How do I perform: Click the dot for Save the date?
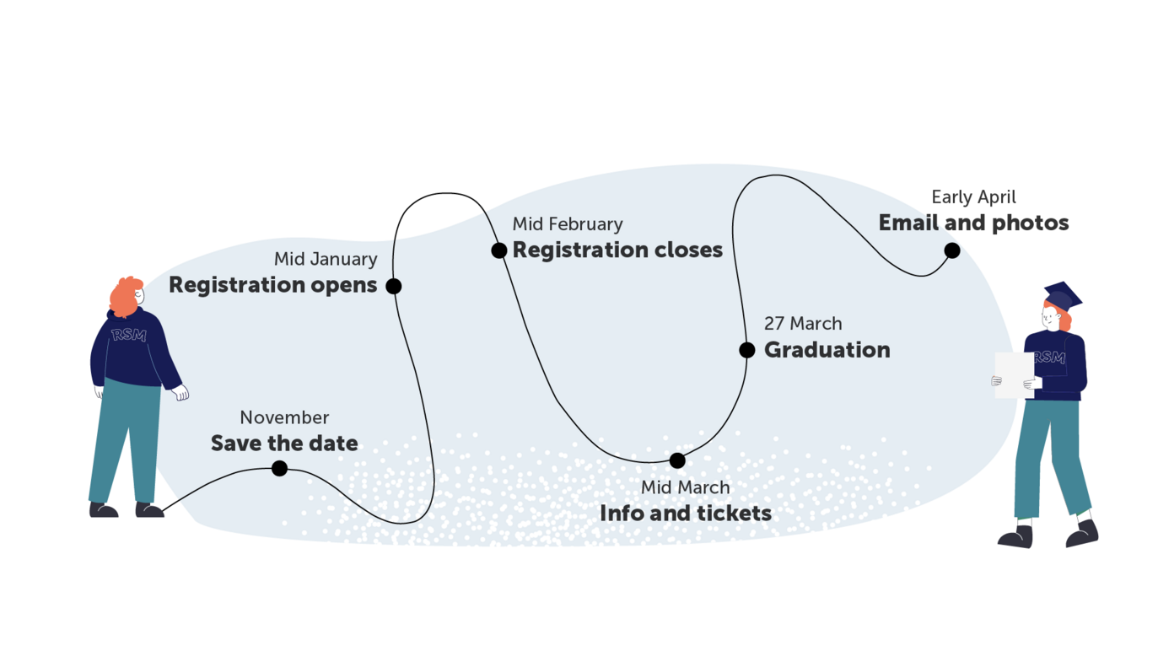pyautogui.click(x=279, y=468)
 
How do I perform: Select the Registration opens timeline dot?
pyautogui.click(x=393, y=286)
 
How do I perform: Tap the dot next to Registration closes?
pyautogui.click(x=499, y=250)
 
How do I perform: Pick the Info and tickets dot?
pyautogui.click(x=677, y=460)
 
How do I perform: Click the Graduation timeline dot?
pyautogui.click(x=747, y=350)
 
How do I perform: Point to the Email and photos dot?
pyautogui.click(x=952, y=250)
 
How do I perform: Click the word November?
pyautogui.click(x=284, y=417)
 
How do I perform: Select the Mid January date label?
pyautogui.click(x=326, y=259)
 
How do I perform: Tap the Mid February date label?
pyautogui.click(x=568, y=224)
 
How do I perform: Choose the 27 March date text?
pyautogui.click(x=803, y=324)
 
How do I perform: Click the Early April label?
pyautogui.click(x=973, y=197)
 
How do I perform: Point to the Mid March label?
pyautogui.click(x=685, y=487)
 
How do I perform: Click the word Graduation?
pyautogui.click(x=827, y=350)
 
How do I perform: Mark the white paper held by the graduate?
pyautogui.click(x=1013, y=375)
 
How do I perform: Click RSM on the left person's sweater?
pyautogui.click(x=128, y=335)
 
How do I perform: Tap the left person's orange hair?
pyautogui.click(x=124, y=295)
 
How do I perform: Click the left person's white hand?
pyautogui.click(x=180, y=392)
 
